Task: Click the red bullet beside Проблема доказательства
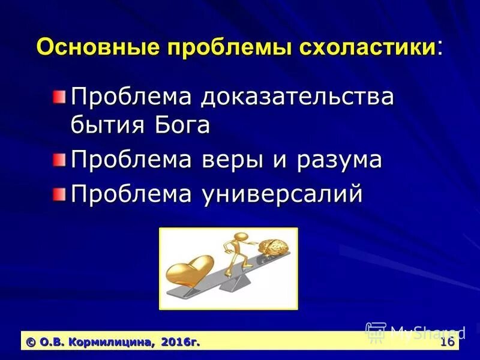pos(58,97)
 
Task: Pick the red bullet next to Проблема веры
pos(58,160)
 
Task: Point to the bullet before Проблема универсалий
pos(58,194)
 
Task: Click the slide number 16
pos(446,342)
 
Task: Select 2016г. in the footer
pos(180,342)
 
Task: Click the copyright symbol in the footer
pos(30,342)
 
